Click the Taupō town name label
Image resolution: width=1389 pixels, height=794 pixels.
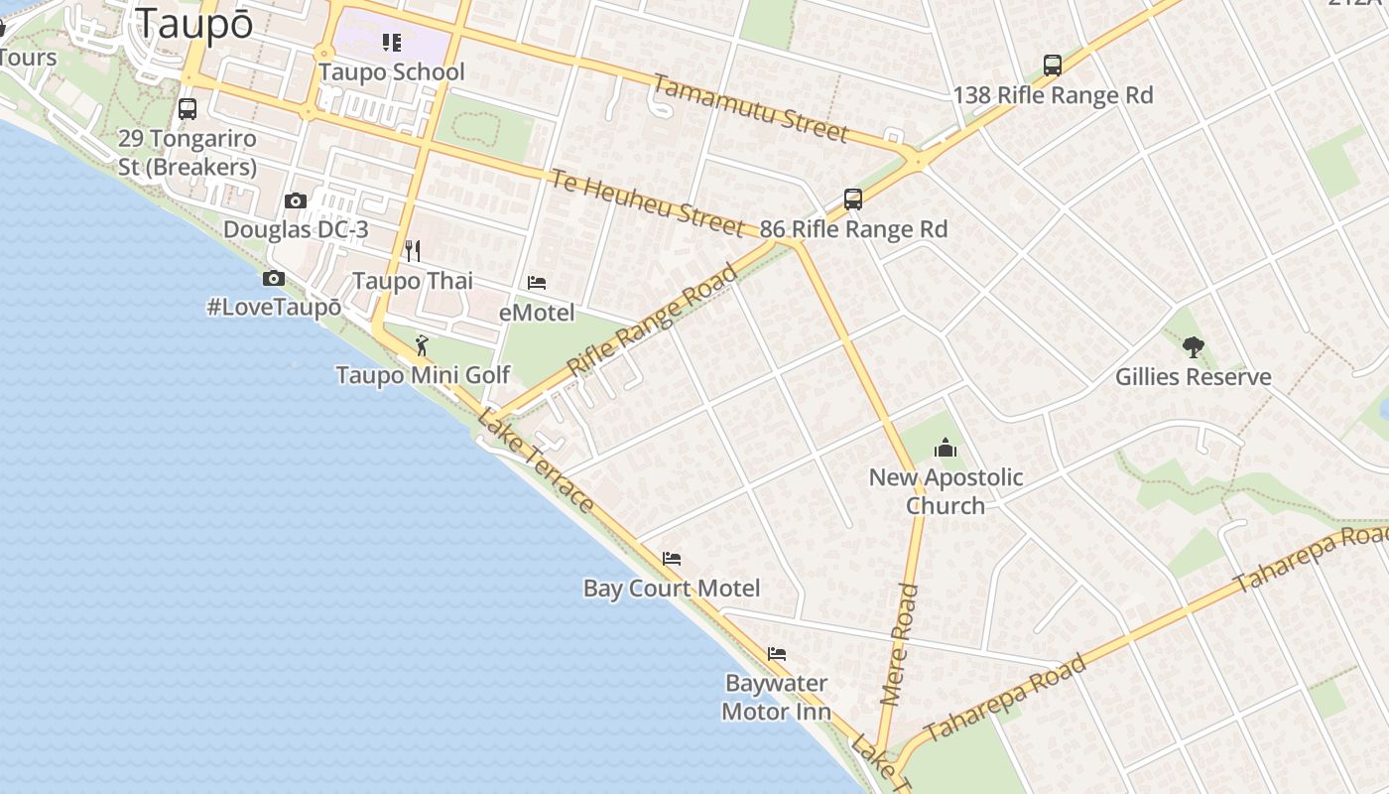(194, 24)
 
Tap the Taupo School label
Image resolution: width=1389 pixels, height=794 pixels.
(392, 72)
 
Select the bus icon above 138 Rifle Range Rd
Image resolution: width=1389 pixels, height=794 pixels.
(1053, 66)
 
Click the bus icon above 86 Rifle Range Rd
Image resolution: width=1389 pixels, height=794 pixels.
(853, 199)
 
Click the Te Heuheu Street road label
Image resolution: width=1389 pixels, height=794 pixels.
(647, 203)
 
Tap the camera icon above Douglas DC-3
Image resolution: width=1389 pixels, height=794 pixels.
(295, 201)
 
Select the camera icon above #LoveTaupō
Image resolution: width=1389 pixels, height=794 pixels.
(274, 279)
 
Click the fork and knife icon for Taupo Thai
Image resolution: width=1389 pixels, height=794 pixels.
(413, 251)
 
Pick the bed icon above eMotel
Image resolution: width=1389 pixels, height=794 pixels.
(537, 283)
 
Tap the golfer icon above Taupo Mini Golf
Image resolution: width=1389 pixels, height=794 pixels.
(423, 345)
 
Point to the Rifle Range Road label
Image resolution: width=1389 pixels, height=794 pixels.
(654, 320)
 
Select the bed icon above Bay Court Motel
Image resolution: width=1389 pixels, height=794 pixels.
(672, 559)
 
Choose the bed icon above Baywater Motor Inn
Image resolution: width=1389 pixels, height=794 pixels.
(777, 654)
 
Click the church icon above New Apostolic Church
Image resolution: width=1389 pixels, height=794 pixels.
(946, 448)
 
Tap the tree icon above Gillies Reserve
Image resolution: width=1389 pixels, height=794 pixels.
(1194, 347)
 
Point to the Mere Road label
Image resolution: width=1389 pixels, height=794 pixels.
(900, 645)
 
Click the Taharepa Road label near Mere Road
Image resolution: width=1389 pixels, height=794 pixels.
(1005, 699)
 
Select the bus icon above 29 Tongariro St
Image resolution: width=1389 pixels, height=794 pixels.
(188, 109)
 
